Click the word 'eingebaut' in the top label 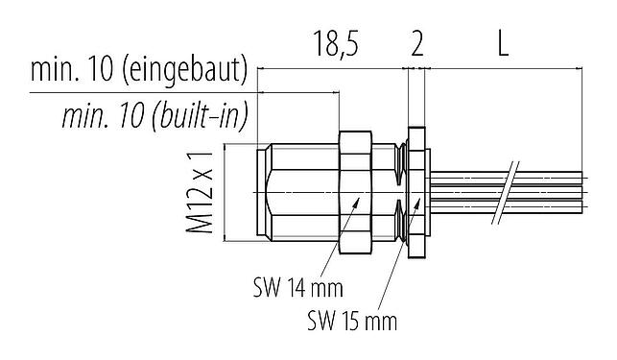click(x=187, y=71)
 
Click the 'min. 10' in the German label click(x=72, y=71)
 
